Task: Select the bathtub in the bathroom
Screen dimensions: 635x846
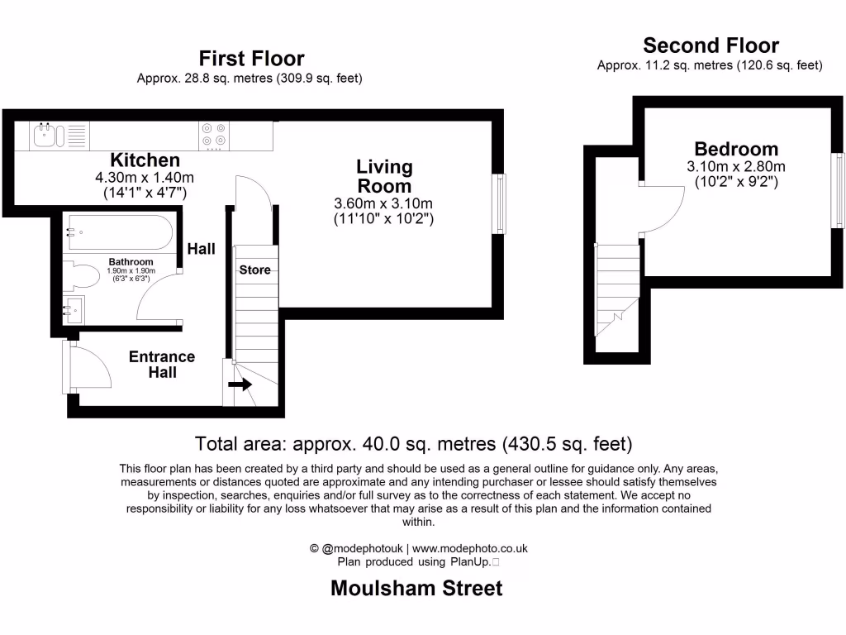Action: point(119,232)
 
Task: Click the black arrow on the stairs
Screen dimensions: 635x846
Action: point(240,384)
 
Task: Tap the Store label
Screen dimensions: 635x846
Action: point(254,270)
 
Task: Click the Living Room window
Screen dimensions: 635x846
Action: point(498,203)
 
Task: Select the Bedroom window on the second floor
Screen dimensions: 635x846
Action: point(838,190)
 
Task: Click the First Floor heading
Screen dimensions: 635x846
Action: point(251,59)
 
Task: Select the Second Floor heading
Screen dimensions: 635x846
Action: point(711,45)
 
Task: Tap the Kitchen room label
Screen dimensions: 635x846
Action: point(145,160)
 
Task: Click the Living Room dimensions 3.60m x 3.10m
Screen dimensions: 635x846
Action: point(384,204)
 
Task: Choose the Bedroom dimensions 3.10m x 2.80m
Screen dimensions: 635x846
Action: point(735,166)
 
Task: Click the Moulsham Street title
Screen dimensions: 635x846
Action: point(416,589)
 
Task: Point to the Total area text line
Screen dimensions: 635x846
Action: point(413,444)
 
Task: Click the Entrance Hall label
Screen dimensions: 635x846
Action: point(162,365)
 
